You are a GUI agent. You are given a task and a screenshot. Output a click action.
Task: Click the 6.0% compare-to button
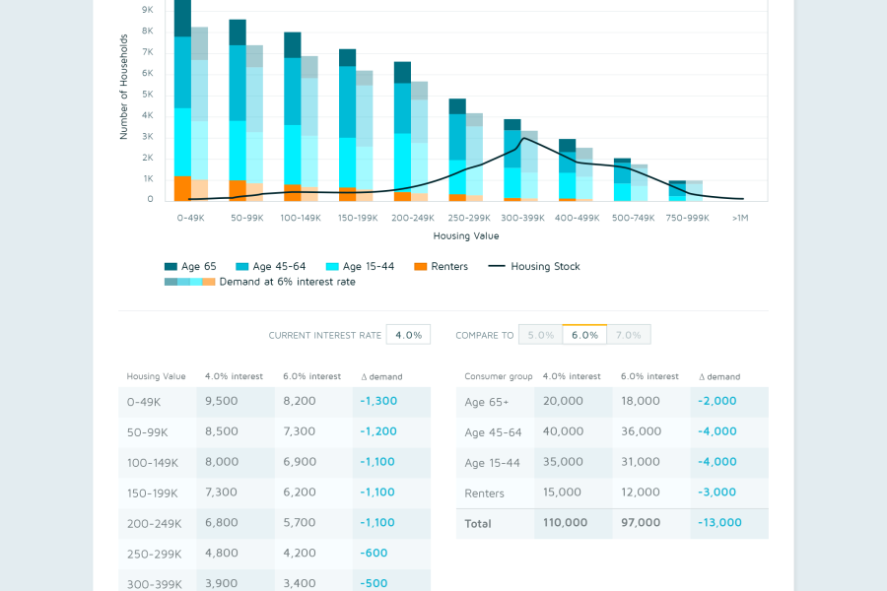click(x=584, y=335)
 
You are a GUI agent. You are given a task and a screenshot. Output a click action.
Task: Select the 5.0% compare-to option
click(x=541, y=335)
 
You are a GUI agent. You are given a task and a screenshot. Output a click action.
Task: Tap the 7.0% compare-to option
click(x=629, y=335)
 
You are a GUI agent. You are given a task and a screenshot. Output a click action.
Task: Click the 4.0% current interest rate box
click(x=408, y=335)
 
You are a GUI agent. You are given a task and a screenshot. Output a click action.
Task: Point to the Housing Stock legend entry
click(x=534, y=266)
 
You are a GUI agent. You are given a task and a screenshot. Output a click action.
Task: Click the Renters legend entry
click(x=442, y=266)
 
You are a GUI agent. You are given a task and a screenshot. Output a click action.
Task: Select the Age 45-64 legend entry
click(x=270, y=266)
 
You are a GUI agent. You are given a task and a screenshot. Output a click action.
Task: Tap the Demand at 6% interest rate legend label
click(x=288, y=282)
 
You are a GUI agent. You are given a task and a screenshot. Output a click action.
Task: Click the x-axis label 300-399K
click(x=522, y=218)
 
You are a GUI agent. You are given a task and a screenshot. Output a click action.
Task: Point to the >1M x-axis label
click(x=740, y=218)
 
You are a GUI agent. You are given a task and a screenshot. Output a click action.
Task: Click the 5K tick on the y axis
click(x=148, y=95)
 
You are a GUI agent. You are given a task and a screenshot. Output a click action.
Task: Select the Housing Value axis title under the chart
click(x=466, y=235)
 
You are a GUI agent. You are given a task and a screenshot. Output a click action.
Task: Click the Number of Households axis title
click(x=124, y=87)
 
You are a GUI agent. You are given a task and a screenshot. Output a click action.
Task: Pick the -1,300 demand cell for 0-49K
click(x=378, y=401)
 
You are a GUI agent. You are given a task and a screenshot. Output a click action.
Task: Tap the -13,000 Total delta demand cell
click(x=719, y=523)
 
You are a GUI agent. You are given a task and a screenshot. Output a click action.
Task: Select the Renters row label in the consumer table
click(x=484, y=493)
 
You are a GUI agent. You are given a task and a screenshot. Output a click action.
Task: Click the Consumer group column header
click(x=499, y=376)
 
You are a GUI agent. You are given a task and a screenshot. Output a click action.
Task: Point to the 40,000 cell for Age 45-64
click(x=563, y=431)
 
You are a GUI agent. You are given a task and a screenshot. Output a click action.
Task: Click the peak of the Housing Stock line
click(x=524, y=138)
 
